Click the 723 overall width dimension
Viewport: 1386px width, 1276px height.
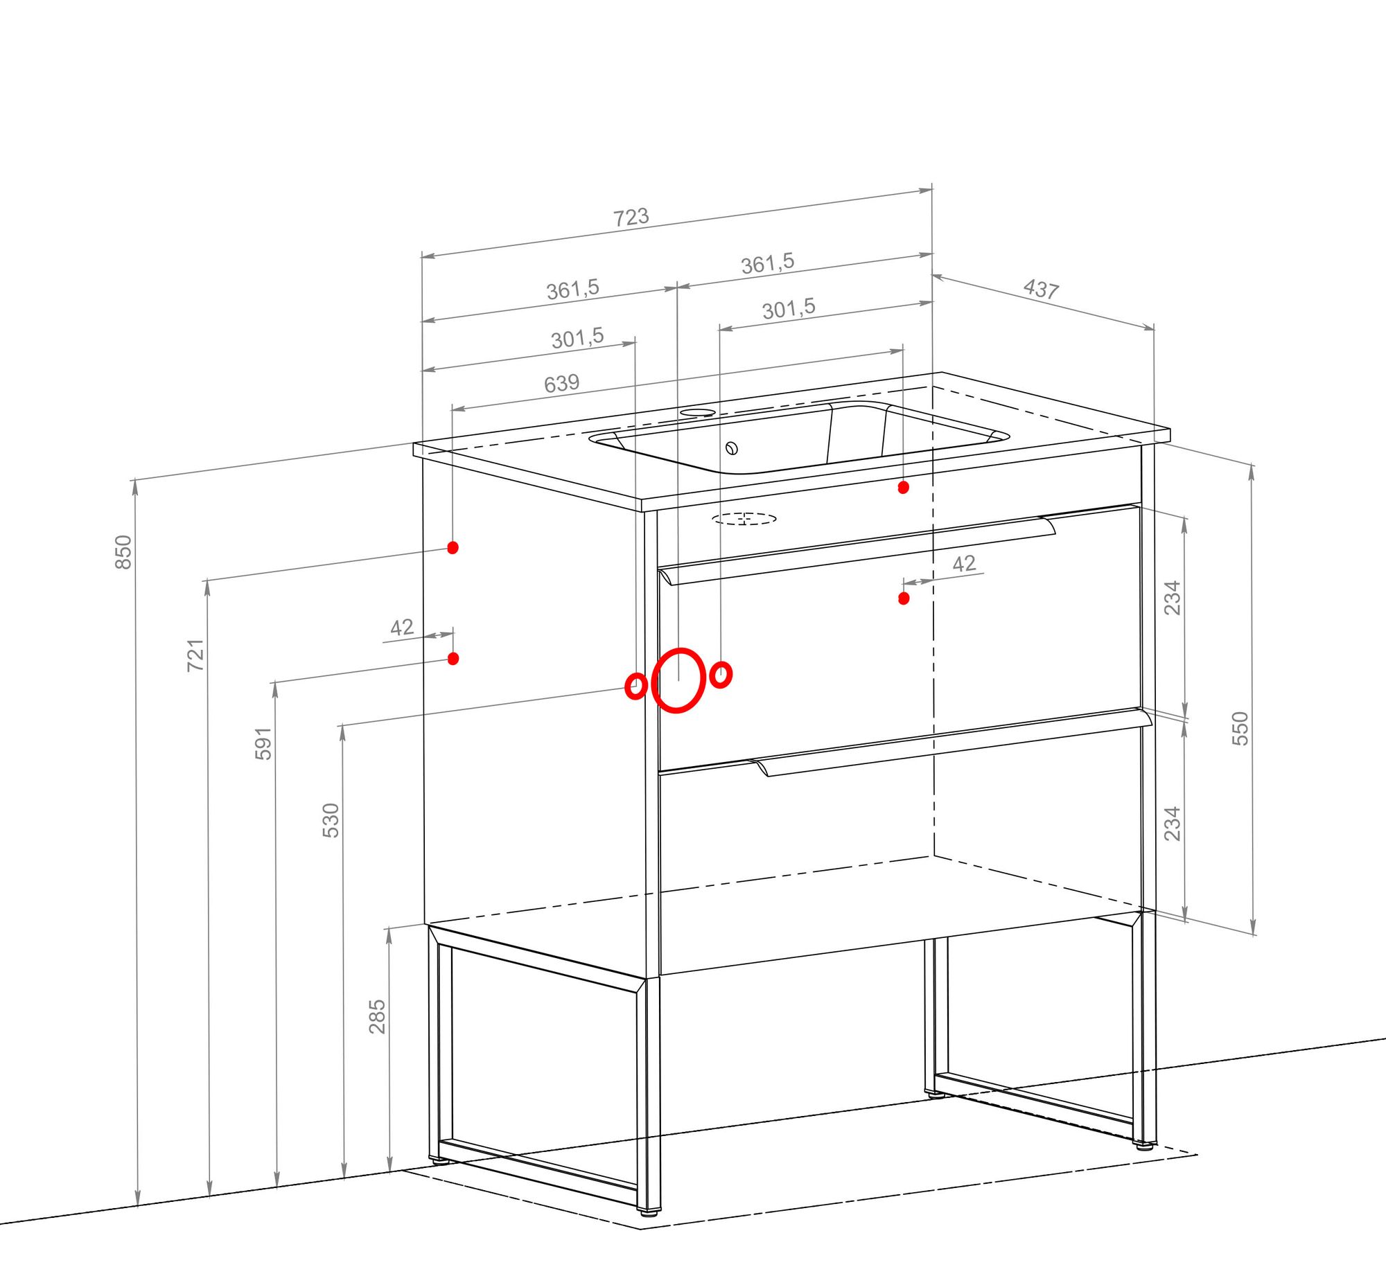(x=631, y=217)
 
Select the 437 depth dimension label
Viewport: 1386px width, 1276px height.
(x=1041, y=288)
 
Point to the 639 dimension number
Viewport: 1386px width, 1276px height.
(x=561, y=383)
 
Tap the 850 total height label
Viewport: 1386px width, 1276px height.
(x=123, y=552)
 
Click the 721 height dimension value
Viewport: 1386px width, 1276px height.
(x=196, y=655)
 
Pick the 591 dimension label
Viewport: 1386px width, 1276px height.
(x=263, y=743)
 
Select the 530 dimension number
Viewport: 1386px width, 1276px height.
(x=331, y=820)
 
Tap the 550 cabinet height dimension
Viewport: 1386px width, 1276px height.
(x=1240, y=728)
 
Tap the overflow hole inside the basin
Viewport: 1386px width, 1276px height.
(x=732, y=448)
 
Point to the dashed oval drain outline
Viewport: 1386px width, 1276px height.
(x=745, y=518)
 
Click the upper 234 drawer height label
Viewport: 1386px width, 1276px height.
(x=1172, y=597)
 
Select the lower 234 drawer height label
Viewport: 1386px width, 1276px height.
(x=1172, y=823)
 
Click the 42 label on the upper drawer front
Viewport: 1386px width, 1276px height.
(x=964, y=563)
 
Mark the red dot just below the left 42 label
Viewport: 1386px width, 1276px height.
(x=453, y=658)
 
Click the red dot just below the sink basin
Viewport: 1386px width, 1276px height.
(x=903, y=488)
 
